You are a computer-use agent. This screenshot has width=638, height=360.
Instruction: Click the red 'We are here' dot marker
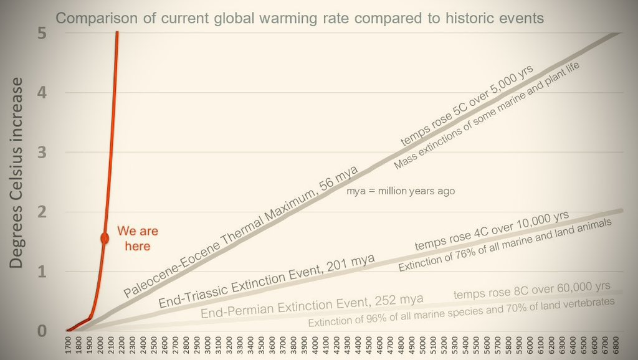[105, 239]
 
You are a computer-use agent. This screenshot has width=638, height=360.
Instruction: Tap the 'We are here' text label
[134, 237]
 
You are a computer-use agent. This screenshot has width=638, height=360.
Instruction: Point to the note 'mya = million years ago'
[401, 191]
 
